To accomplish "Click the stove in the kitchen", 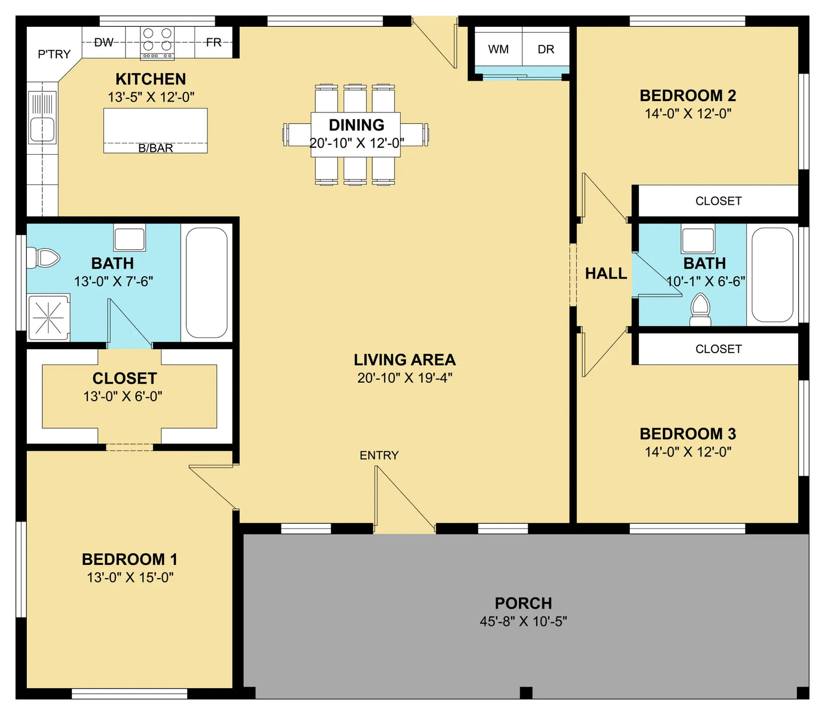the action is [157, 43].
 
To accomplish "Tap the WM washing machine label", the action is [498, 50].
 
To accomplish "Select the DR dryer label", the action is [546, 50].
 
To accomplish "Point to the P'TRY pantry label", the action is [54, 54].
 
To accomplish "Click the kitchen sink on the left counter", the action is [42, 117].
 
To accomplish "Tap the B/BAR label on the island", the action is [155, 148].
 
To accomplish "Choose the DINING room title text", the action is [356, 125].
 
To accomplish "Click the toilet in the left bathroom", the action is [43, 258].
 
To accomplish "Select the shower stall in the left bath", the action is [49, 318].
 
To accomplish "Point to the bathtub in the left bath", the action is [206, 283].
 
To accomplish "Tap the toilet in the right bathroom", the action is [701, 309].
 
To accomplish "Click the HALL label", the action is [606, 273].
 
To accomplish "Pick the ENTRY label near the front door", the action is [379, 455].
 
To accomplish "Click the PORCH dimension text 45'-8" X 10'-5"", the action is [523, 621].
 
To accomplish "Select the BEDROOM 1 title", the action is [130, 559].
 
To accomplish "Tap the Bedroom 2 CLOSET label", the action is [718, 201].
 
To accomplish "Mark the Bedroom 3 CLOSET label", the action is [718, 349].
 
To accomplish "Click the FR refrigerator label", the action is [214, 42].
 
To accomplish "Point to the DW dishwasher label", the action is [104, 42].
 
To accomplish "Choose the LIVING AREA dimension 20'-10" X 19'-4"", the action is [404, 377].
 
